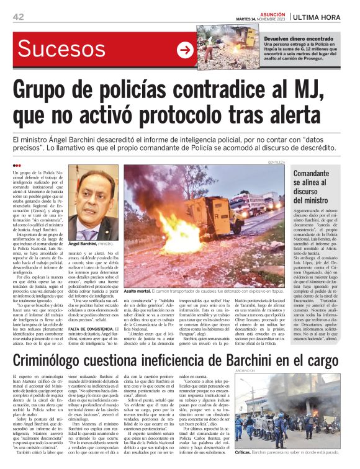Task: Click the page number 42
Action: coord(18,17)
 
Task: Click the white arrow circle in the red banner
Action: coord(185,51)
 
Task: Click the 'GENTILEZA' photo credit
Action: coord(277,161)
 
